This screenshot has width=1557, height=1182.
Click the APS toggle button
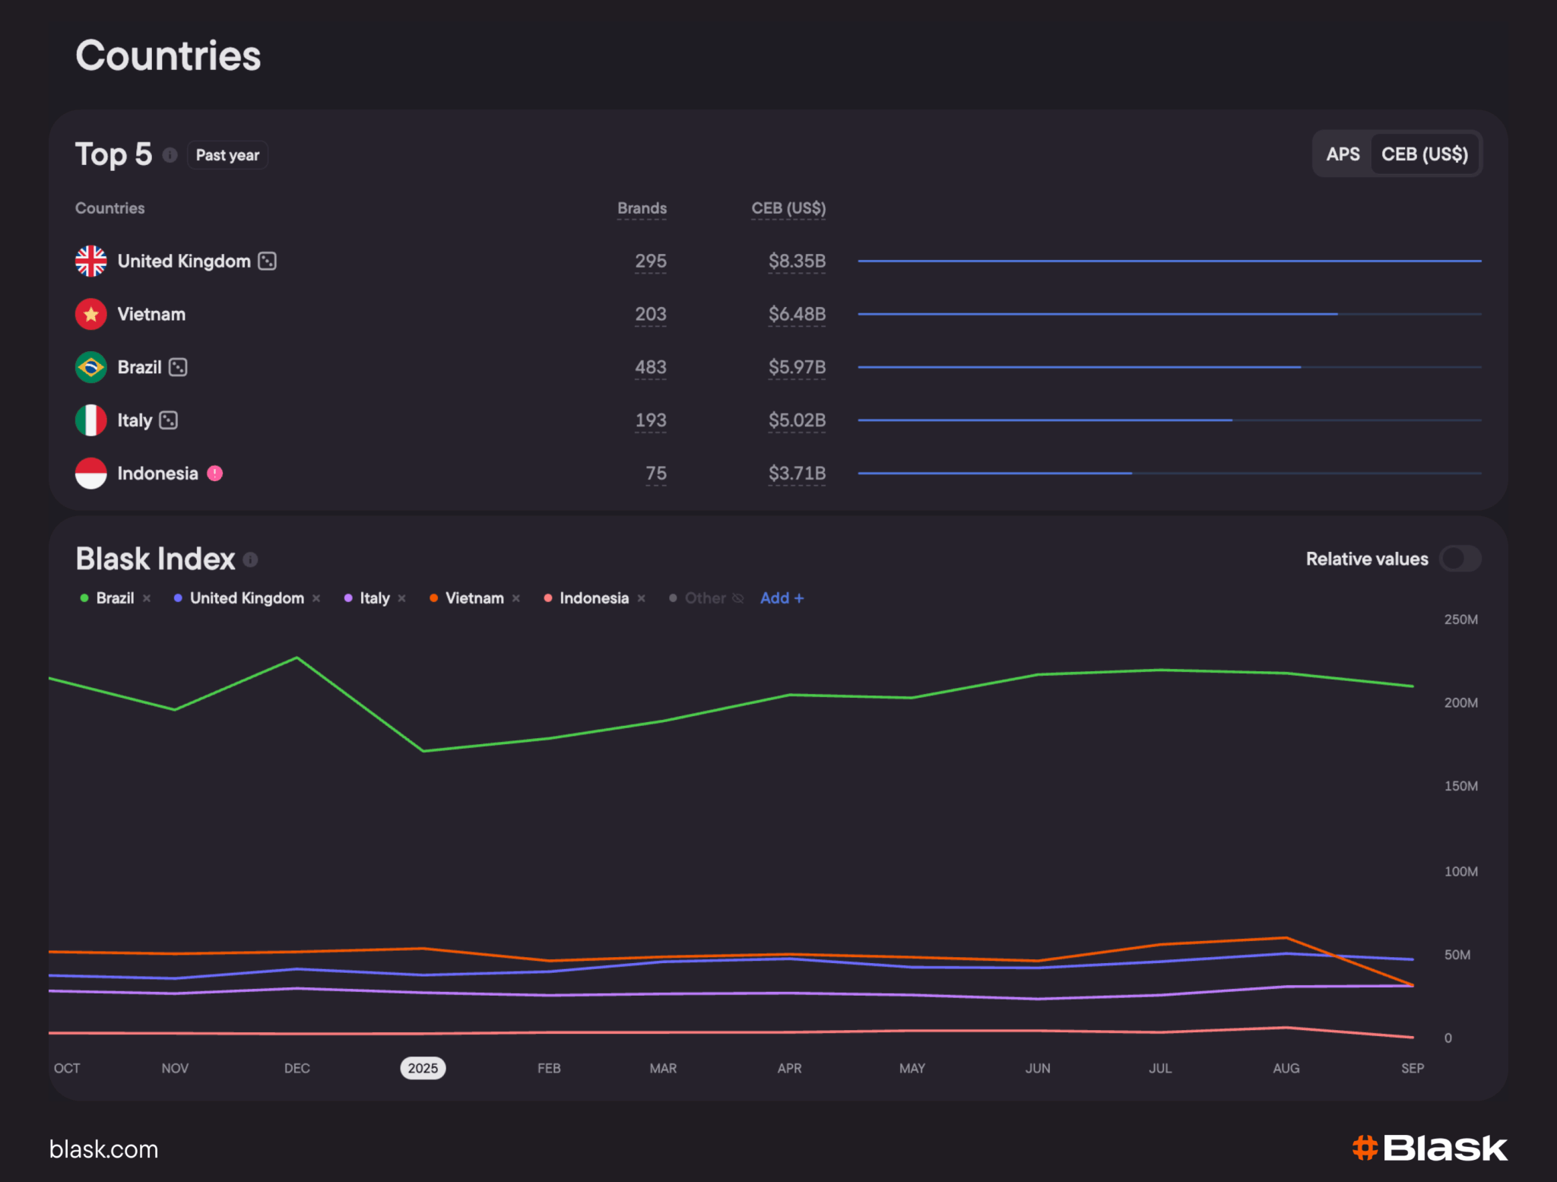(1343, 154)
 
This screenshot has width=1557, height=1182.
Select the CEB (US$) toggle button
(1424, 154)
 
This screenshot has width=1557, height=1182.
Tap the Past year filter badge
(227, 155)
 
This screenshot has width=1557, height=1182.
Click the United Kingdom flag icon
(91, 261)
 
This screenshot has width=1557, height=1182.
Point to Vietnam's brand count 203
(651, 314)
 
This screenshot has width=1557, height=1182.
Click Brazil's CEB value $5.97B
(797, 367)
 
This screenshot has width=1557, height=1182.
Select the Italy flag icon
(91, 420)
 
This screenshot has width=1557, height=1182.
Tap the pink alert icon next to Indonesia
(215, 473)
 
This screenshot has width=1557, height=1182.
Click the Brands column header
(642, 208)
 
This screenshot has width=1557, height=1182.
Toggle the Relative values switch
(1460, 559)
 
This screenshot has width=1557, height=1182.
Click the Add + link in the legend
(782, 598)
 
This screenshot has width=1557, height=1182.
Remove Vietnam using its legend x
(516, 598)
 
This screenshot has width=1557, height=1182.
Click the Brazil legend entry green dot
(84, 598)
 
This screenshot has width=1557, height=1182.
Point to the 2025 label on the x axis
(423, 1068)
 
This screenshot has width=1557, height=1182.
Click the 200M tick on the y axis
(1460, 702)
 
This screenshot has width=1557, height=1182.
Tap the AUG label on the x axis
(1286, 1068)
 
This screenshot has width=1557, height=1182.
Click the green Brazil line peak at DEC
(296, 658)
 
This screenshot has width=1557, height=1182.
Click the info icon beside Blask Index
(250, 560)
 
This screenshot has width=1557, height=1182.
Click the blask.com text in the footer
(104, 1149)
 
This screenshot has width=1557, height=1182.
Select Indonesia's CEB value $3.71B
(797, 473)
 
